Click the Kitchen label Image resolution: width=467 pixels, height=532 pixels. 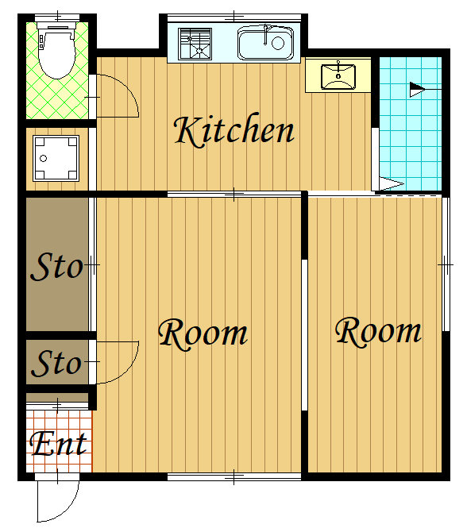click(234, 131)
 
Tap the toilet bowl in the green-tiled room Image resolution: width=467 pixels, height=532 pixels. click(57, 54)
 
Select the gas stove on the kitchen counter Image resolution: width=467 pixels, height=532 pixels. click(195, 44)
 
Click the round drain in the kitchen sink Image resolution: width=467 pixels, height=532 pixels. click(278, 43)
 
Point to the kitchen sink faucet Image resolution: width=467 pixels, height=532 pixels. click(266, 34)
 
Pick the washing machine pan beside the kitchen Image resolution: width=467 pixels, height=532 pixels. click(56, 158)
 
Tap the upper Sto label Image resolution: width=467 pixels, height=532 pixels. click(56, 267)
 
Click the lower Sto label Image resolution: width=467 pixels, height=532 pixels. click(56, 364)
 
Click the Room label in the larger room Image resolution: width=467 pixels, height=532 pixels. click(203, 333)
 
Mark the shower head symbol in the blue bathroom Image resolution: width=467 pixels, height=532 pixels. click(417, 90)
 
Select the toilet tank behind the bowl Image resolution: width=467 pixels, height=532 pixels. click(57, 25)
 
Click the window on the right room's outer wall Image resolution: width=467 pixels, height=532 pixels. click(446, 264)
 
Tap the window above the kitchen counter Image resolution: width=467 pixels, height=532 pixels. click(234, 17)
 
